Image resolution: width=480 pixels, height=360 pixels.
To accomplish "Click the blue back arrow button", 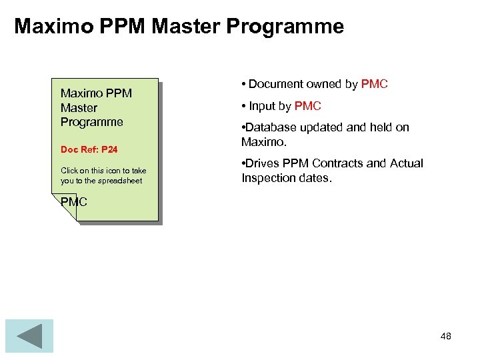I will pos(29,336).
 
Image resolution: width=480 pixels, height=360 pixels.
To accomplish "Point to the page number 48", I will pos(445,336).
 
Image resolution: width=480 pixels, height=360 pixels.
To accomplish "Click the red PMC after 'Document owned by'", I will pos(374,84).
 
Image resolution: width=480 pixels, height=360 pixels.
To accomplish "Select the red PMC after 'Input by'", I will pos(307,106).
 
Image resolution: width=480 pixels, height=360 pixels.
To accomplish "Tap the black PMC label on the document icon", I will pos(74,201).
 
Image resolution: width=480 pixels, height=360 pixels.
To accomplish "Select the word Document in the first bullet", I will pos(276,84).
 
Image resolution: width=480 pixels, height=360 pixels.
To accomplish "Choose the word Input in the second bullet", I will pos(261,106).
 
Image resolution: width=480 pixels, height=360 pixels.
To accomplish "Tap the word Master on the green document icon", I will pos(79,107).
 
